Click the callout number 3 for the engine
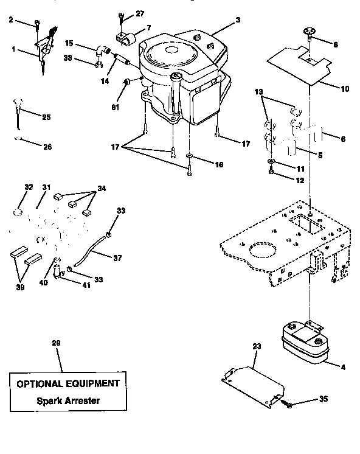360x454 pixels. [238, 20]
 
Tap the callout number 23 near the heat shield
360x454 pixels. [256, 346]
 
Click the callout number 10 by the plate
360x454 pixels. [344, 89]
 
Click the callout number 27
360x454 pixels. [140, 13]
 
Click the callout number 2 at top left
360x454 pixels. [10, 20]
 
